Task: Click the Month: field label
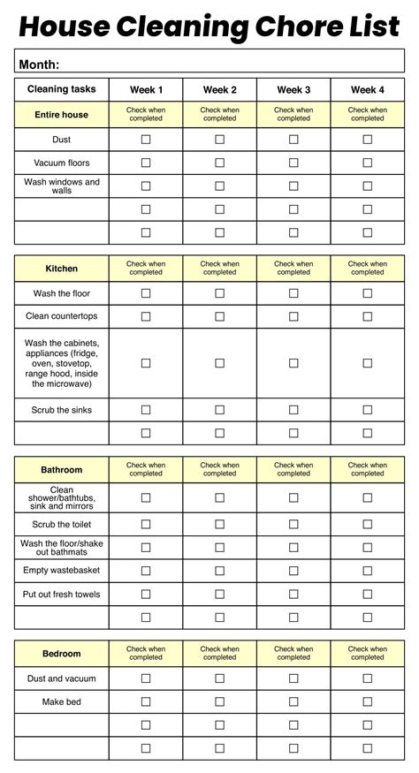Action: pyautogui.click(x=39, y=64)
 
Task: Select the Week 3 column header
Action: pyautogui.click(x=293, y=89)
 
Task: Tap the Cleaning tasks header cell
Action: pyautogui.click(x=61, y=89)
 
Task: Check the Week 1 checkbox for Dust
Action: pyautogui.click(x=146, y=140)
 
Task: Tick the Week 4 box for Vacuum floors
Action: pyautogui.click(x=367, y=163)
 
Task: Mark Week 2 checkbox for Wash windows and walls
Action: pyautogui.click(x=219, y=186)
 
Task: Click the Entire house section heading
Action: pyautogui.click(x=61, y=115)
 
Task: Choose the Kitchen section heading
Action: pyautogui.click(x=61, y=269)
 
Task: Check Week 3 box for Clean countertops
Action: pyautogui.click(x=293, y=316)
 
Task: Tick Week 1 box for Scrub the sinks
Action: pyautogui.click(x=146, y=410)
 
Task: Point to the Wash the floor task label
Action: pyautogui.click(x=61, y=293)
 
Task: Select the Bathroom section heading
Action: pyautogui.click(x=61, y=470)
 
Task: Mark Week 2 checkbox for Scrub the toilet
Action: pyautogui.click(x=219, y=525)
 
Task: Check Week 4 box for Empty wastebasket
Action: pyautogui.click(x=367, y=571)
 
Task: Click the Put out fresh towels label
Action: pyautogui.click(x=61, y=595)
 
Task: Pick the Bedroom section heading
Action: pyautogui.click(x=61, y=654)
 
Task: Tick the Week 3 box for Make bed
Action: pyautogui.click(x=293, y=701)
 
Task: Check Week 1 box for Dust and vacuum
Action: pyautogui.click(x=146, y=678)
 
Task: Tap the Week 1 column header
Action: pyautogui.click(x=146, y=89)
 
